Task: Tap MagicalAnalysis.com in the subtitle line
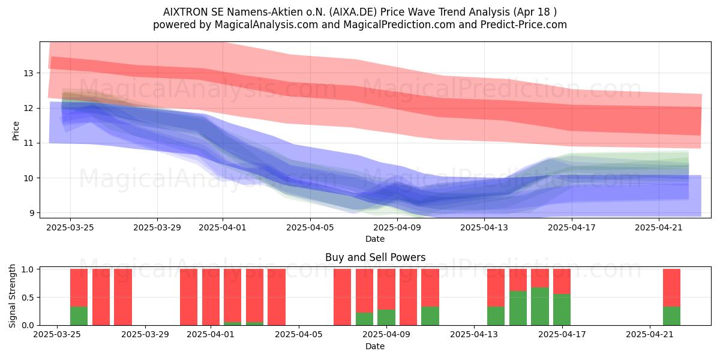pyautogui.click(x=266, y=25)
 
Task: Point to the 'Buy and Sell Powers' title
pyautogui.click(x=375, y=257)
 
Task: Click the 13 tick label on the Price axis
pyautogui.click(x=28, y=73)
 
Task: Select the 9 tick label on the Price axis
pyautogui.click(x=31, y=213)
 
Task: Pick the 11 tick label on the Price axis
pyautogui.click(x=28, y=143)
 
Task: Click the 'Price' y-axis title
pyautogui.click(x=16, y=131)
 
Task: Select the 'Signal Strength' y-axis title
pyautogui.click(x=12, y=296)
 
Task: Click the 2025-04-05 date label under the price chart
pyautogui.click(x=310, y=227)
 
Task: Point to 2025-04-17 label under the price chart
pyautogui.click(x=572, y=227)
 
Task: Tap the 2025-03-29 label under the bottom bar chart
pyautogui.click(x=145, y=335)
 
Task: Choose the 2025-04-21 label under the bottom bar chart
pyautogui.click(x=650, y=335)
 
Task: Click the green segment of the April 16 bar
pyautogui.click(x=540, y=307)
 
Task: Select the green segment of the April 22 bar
pyautogui.click(x=672, y=316)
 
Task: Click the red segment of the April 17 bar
pyautogui.click(x=562, y=281)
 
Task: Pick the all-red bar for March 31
pyautogui.click(x=188, y=297)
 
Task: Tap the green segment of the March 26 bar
pyautogui.click(x=79, y=316)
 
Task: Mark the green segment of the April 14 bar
pyautogui.click(x=496, y=316)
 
